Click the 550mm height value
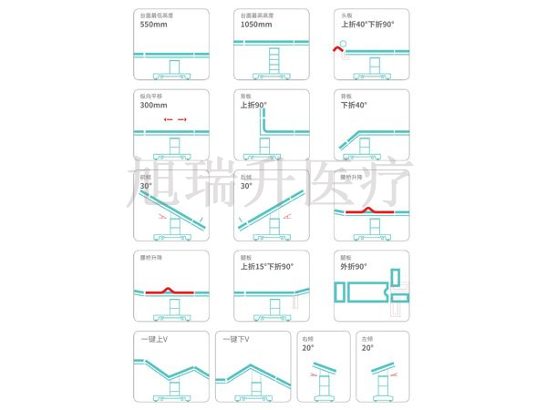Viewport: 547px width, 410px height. (153, 25)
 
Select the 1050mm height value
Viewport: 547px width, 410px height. (256, 25)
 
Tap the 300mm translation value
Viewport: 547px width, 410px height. (153, 105)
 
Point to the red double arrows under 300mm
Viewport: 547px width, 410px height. (175, 119)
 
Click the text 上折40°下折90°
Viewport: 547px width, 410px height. (367, 25)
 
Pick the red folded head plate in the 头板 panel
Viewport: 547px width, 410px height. (338, 55)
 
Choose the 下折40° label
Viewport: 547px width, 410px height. (355, 105)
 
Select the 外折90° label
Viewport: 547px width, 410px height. (354, 267)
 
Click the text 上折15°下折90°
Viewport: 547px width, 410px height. (266, 267)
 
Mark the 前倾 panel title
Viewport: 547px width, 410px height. (146, 176)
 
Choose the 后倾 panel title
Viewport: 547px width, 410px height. (246, 176)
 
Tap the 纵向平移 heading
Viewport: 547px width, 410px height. (150, 95)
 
